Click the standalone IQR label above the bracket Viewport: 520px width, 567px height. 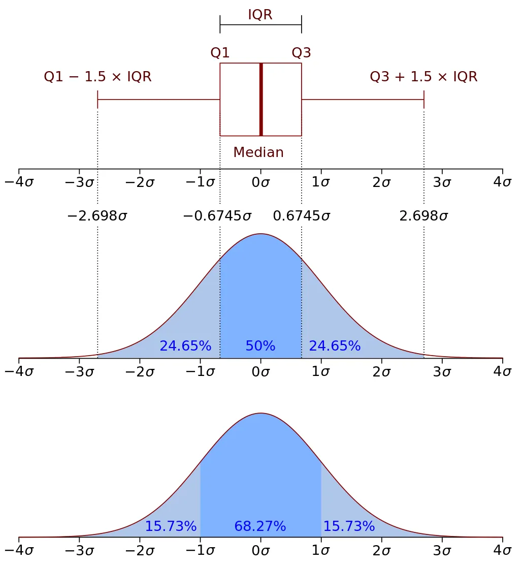tap(260, 15)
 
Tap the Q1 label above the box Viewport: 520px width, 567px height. tap(220, 52)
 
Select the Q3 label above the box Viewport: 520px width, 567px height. tap(301, 52)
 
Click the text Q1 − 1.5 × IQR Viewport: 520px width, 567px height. tap(97, 77)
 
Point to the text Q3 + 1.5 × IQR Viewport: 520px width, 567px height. tap(424, 77)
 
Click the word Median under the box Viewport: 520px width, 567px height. tap(258, 152)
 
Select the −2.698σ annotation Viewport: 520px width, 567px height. tap(97, 216)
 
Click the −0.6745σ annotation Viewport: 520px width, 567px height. tap(217, 216)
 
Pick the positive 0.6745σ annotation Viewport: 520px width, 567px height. tap(302, 216)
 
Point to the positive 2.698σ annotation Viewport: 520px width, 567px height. tap(424, 216)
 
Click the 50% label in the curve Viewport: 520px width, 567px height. tap(260, 346)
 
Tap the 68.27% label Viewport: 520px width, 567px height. tap(260, 526)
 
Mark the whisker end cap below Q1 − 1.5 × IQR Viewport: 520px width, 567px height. tap(97, 100)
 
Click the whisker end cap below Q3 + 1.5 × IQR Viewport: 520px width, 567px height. tap(424, 100)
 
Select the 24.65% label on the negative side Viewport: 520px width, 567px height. tap(185, 346)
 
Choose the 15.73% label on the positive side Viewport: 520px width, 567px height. tap(349, 526)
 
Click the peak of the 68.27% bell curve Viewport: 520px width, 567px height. tap(261, 413)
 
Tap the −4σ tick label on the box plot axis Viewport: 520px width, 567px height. tap(19, 182)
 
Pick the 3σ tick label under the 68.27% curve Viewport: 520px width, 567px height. tap(441, 552)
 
